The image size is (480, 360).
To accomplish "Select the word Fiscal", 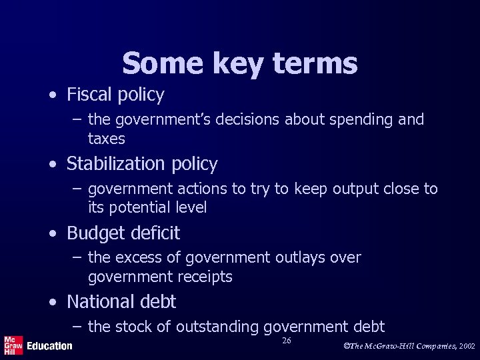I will coord(89,95).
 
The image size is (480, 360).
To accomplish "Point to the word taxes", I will coord(107,138).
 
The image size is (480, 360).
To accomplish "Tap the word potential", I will coord(143,207).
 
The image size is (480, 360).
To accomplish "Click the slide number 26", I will coord(287,341).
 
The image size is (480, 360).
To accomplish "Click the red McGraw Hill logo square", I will coord(13,345).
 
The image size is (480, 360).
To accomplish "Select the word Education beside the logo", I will coord(49,345).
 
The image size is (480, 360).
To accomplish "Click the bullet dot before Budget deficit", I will coord(52,233).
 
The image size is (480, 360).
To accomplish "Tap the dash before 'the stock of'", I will coord(77,327).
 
